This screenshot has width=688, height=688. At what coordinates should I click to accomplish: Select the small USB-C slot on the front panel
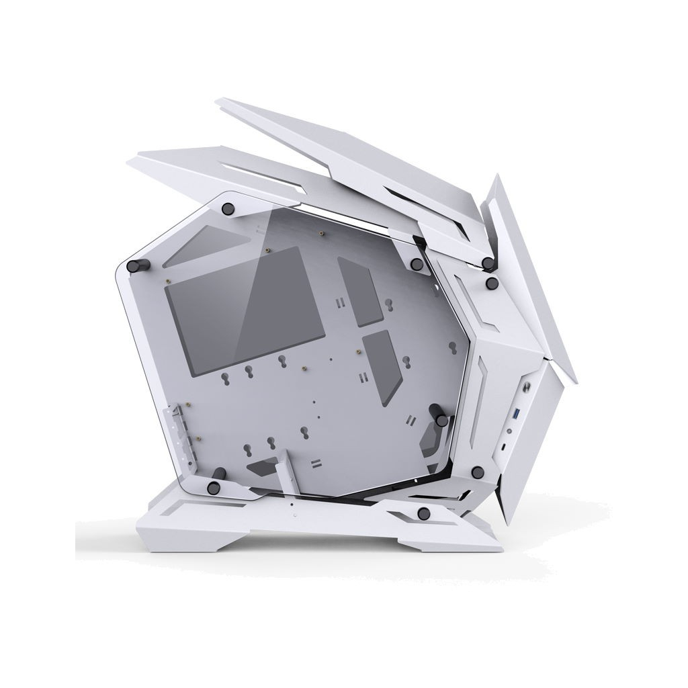click(507, 444)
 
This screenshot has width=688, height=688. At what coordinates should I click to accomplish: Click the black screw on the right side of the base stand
click(423, 514)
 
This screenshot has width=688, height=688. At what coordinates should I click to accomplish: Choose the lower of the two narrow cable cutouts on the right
click(382, 367)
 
